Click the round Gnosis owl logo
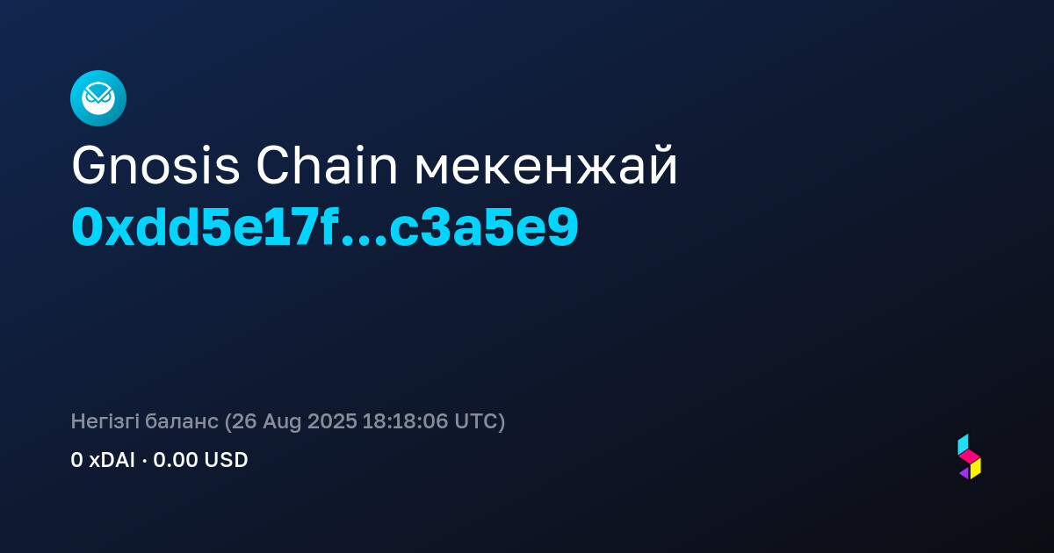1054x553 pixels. click(98, 98)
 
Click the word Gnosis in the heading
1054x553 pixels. click(155, 166)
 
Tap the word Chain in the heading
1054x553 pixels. click(327, 166)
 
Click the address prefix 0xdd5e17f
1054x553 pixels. click(206, 227)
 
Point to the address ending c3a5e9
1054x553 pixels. click(484, 228)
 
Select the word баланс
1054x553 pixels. click(182, 421)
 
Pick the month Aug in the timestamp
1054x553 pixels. click(282, 422)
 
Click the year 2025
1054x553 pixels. click(332, 421)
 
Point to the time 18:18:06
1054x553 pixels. click(405, 421)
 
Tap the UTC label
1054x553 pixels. click(476, 421)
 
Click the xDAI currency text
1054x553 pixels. click(112, 460)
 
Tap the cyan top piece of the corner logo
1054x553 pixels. click(963, 444)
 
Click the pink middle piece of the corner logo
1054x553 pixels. click(970, 456)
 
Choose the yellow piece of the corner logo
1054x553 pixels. click(976, 469)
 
